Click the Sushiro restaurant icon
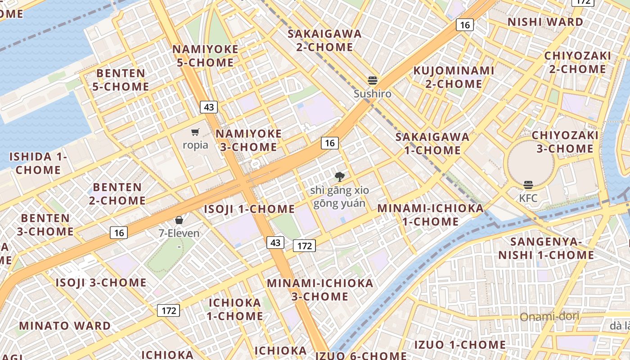372,81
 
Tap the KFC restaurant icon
528,185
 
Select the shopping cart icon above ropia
195,132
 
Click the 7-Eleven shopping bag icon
179,220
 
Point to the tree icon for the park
340,177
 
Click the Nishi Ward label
545,22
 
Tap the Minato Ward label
65,326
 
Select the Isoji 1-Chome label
249,209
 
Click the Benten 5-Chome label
121,80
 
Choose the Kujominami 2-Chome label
454,77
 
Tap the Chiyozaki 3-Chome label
565,142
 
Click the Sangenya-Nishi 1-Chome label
546,248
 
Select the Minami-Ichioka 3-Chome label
320,290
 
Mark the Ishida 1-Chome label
38,163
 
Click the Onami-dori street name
549,317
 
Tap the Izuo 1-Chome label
460,345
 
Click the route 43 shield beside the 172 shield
275,243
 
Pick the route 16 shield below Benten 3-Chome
119,233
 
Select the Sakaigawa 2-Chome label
324,40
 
